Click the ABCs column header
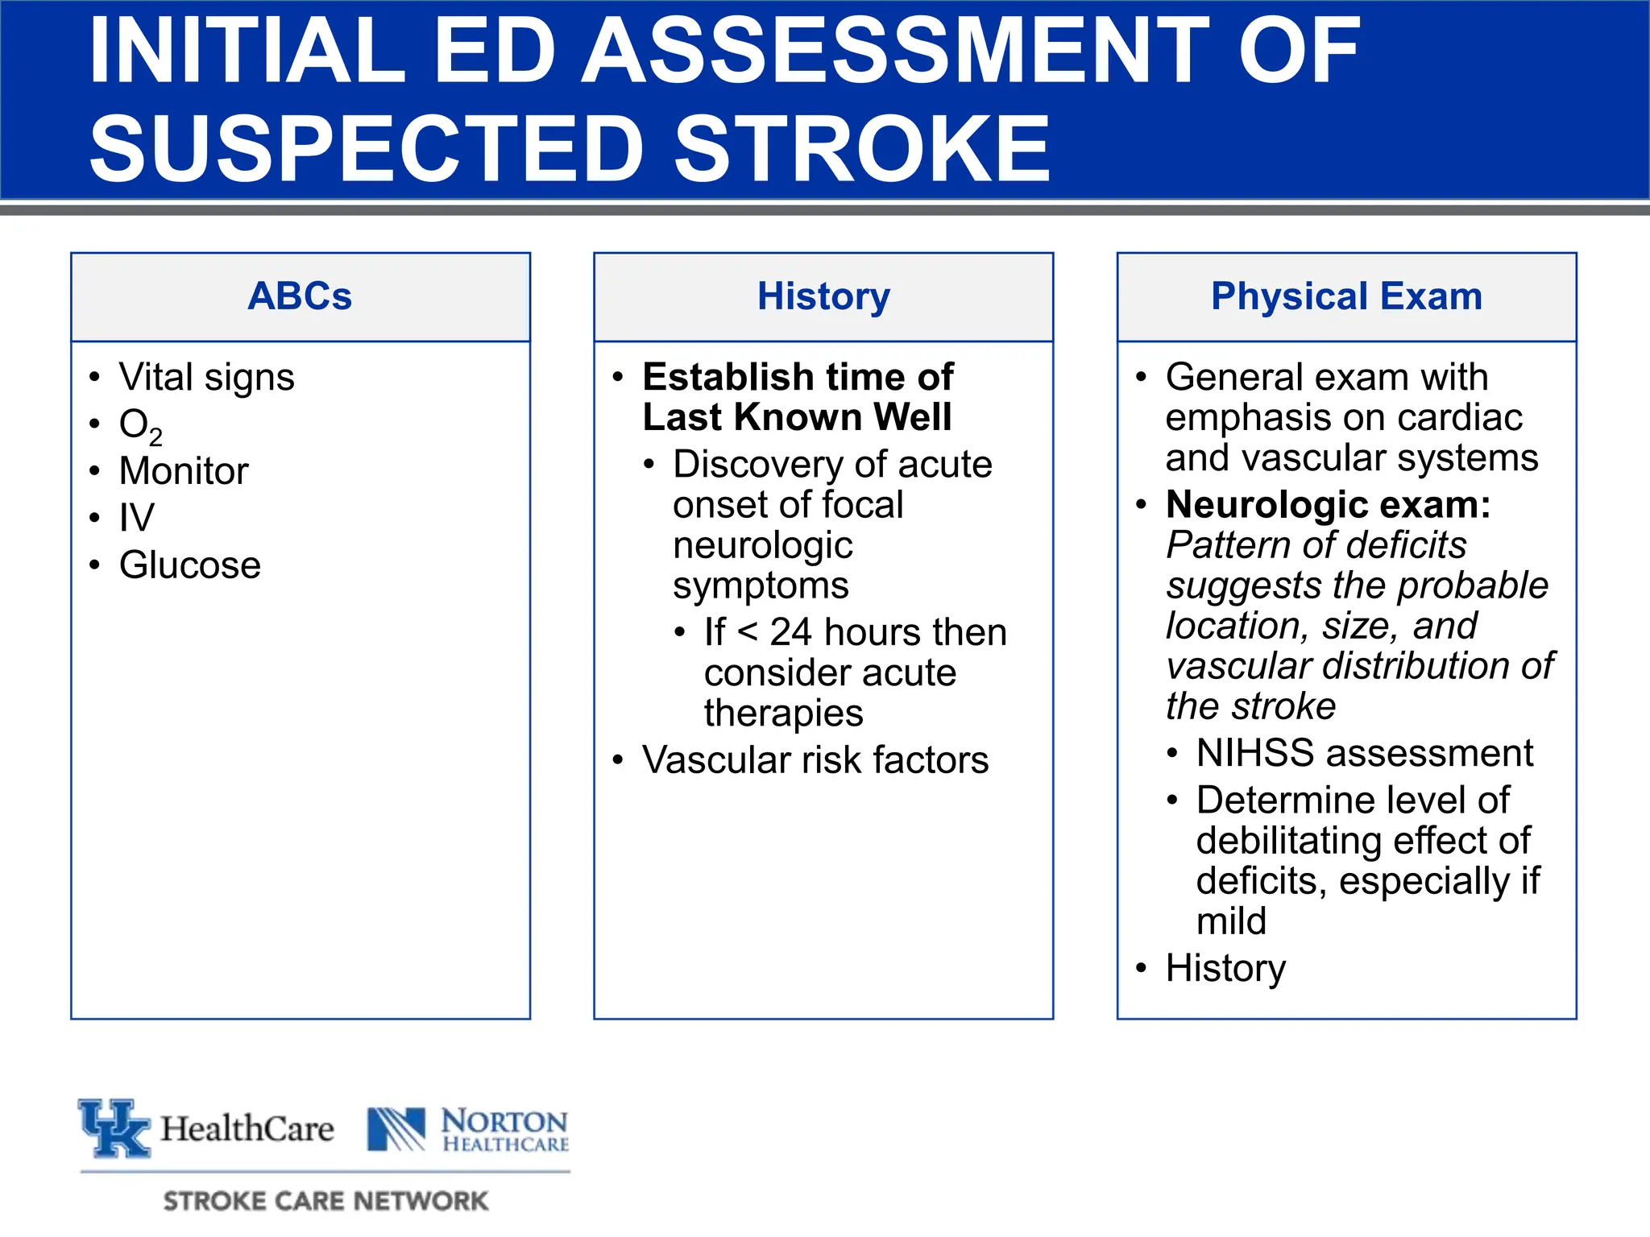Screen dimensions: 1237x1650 [300, 296]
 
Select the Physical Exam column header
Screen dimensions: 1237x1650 [1346, 296]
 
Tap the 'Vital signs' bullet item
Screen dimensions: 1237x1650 [206, 377]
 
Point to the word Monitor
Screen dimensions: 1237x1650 [184, 471]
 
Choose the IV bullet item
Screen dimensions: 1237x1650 [136, 518]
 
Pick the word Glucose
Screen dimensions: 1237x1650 [190, 565]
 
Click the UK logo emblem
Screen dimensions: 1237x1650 [114, 1127]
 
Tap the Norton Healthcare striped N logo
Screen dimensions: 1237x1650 [396, 1129]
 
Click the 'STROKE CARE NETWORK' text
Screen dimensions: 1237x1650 [325, 1201]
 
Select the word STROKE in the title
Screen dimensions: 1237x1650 [862, 148]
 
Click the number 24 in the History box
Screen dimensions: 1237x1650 [790, 632]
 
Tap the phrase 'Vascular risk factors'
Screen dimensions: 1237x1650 [815, 760]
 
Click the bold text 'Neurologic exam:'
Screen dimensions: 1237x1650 [1328, 505]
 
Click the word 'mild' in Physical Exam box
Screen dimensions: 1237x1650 [1231, 921]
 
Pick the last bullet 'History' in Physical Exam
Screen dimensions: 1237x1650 [1225, 968]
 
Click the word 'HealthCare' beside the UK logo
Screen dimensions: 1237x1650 [247, 1129]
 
